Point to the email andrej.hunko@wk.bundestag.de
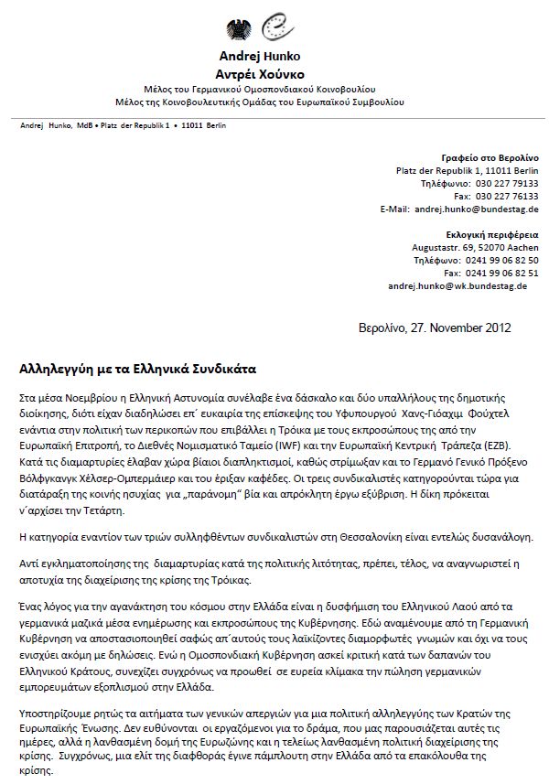pyautogui.click(x=457, y=286)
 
